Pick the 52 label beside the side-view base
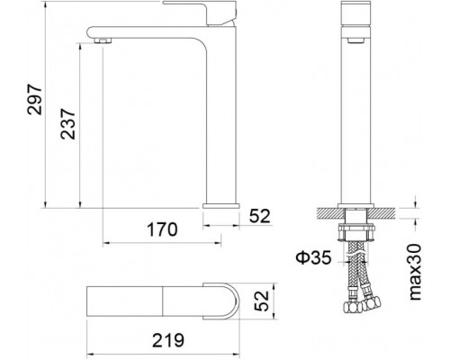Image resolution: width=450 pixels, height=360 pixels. (x=258, y=215)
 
